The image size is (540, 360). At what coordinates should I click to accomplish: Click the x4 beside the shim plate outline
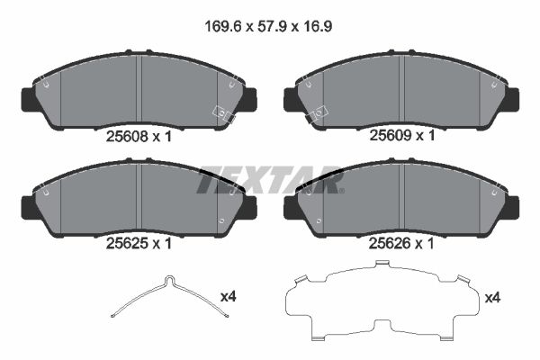(494, 296)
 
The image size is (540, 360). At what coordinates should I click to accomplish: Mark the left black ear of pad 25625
(29, 206)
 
